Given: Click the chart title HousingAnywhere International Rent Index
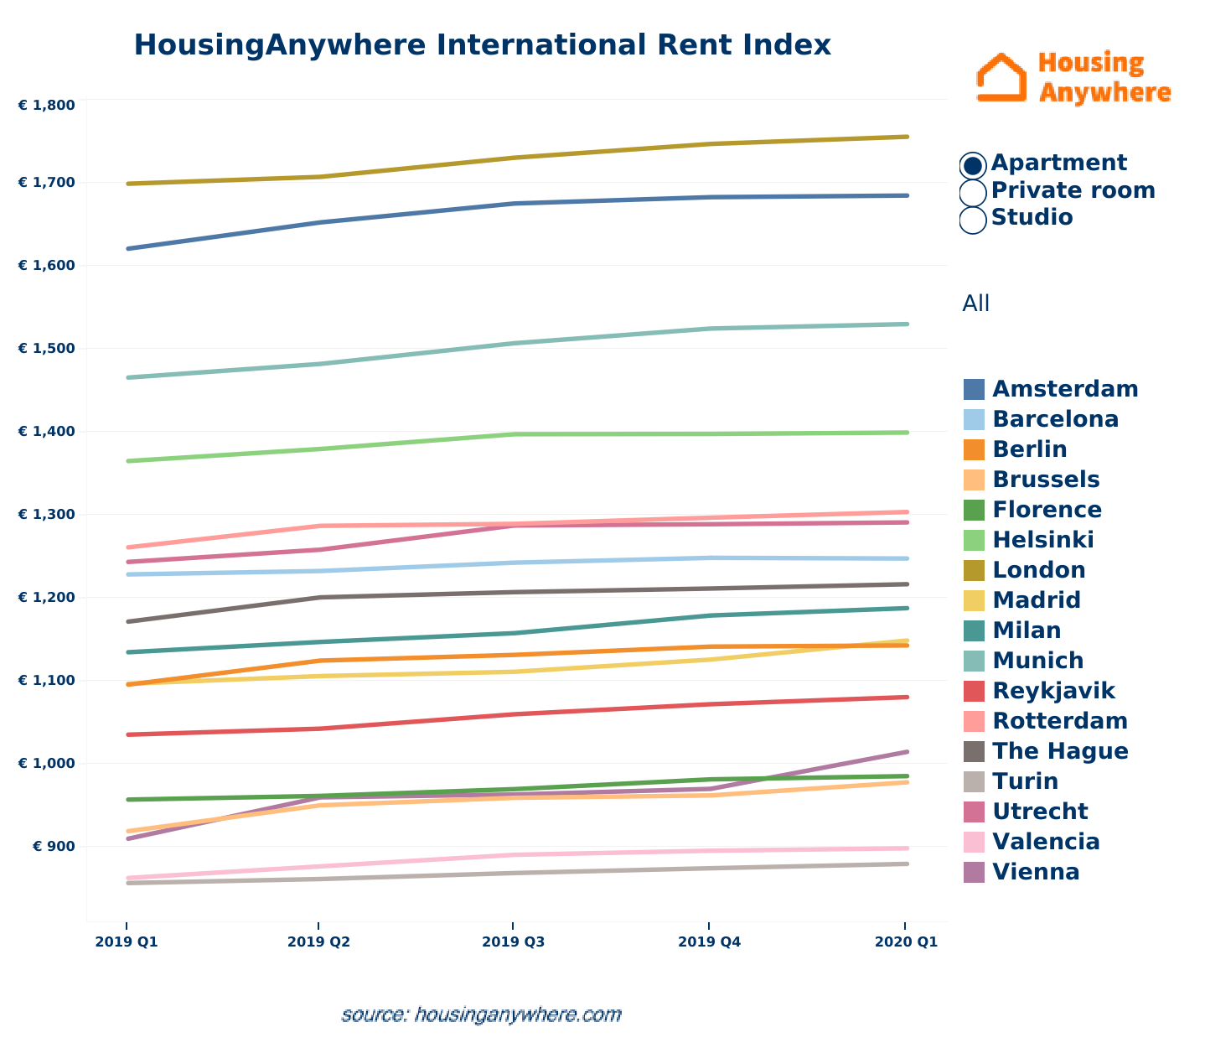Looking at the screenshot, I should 482,45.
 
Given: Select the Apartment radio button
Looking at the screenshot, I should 973,164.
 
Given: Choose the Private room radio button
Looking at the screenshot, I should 973,192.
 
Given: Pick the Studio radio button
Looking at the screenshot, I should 973,219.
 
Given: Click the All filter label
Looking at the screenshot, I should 975,303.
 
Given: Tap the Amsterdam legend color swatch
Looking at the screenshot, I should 974,389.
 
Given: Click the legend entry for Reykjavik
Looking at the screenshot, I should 1053,691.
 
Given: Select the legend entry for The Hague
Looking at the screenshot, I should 1060,751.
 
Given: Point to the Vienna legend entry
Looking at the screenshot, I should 1036,872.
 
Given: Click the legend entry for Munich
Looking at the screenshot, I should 1037,661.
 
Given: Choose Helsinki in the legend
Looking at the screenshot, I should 1042,540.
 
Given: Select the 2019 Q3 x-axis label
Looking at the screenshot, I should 514,942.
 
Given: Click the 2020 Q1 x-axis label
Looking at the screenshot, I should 906,942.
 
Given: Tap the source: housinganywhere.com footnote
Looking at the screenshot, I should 481,1014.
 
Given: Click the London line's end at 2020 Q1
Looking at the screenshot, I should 908,137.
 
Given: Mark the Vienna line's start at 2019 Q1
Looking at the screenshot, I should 127,838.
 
